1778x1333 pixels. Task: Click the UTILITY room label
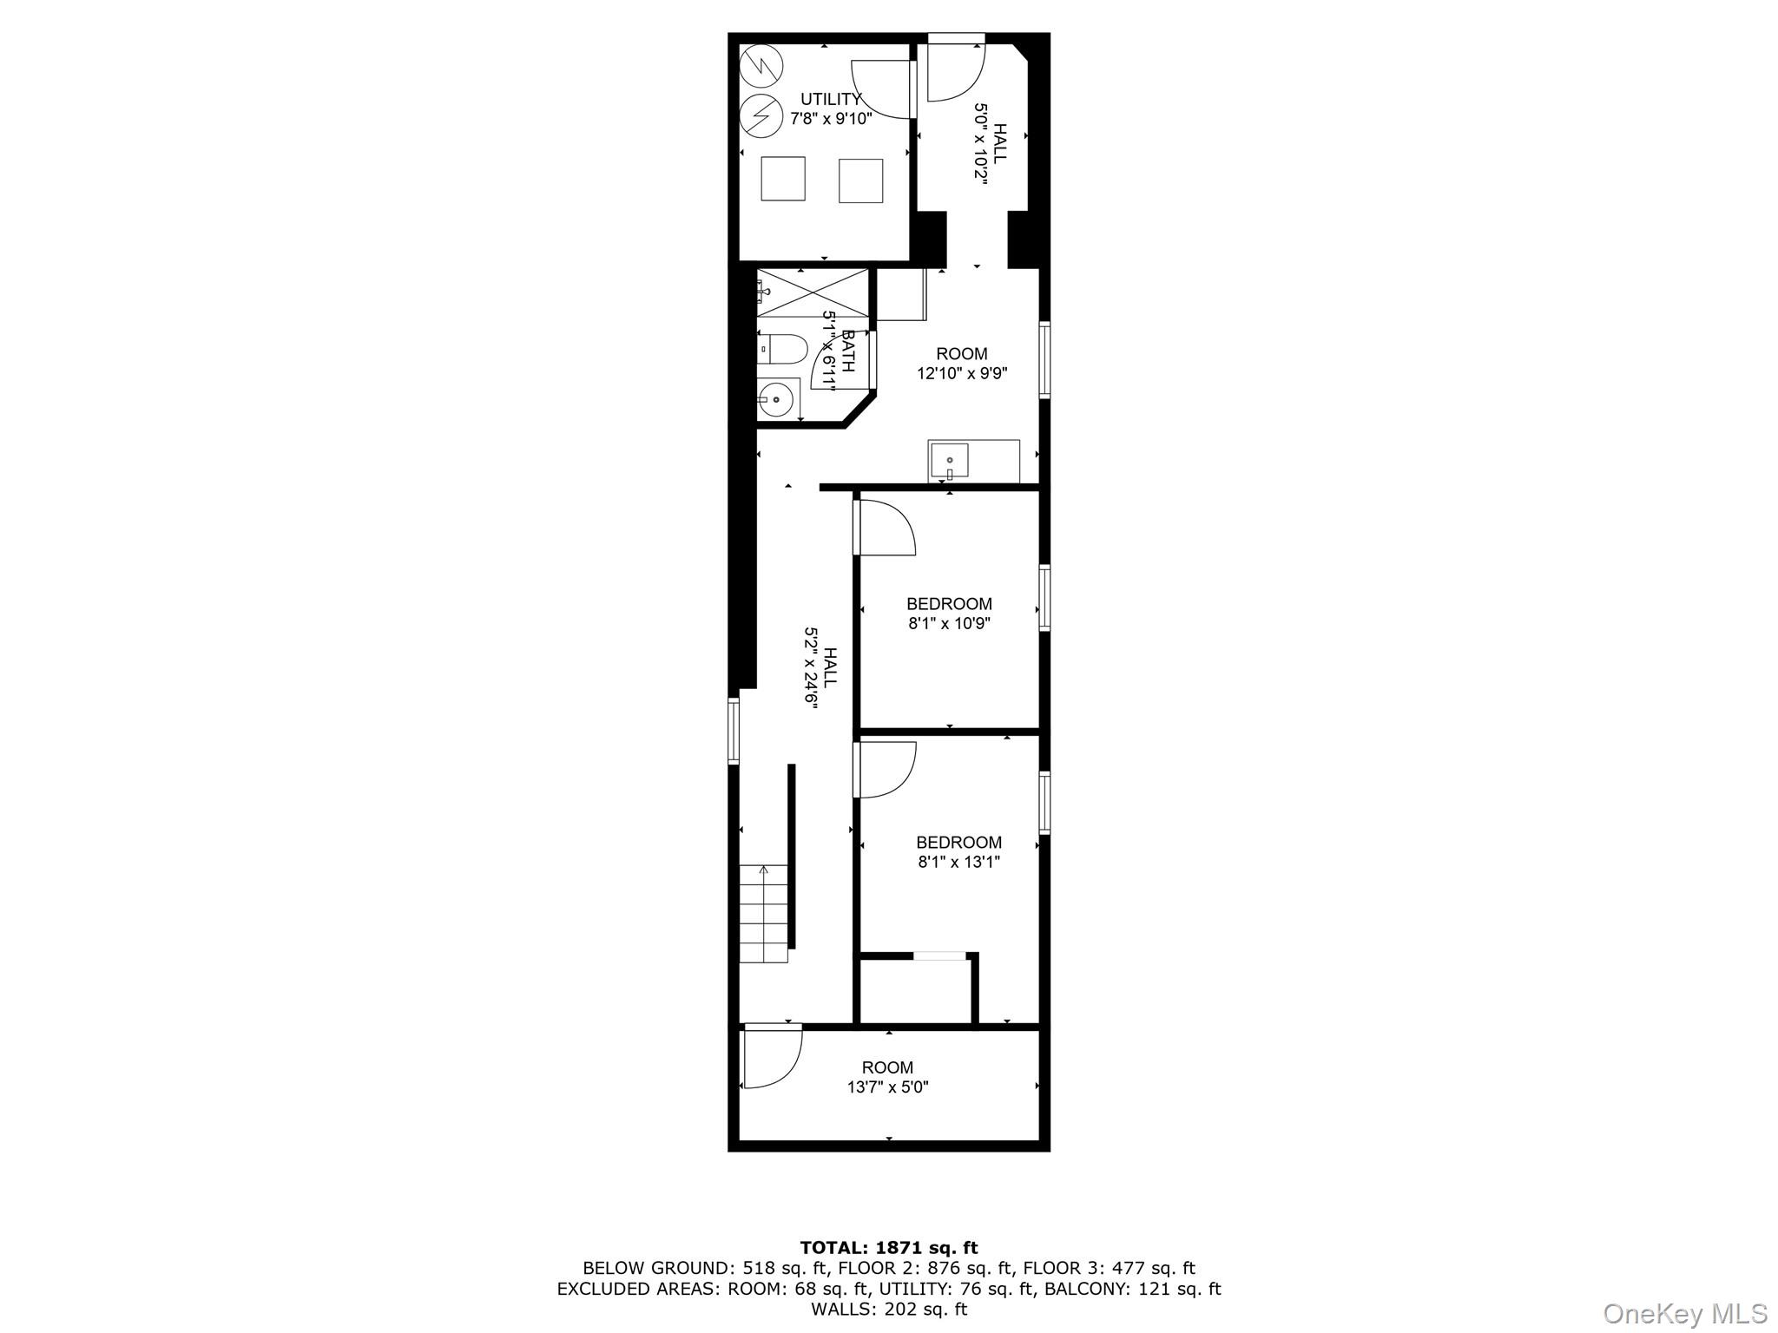[831, 100]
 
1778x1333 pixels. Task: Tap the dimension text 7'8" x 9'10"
[831, 119]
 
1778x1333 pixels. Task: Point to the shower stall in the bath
[813, 292]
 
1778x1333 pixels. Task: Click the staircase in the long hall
[764, 913]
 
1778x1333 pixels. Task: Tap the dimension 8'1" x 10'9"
[949, 623]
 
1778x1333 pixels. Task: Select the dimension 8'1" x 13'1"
[958, 862]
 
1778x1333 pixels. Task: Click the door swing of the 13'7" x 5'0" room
[772, 1056]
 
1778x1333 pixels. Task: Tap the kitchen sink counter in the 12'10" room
[973, 460]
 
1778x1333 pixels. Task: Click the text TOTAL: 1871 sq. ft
[888, 1248]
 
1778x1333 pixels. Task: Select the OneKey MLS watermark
[1684, 1313]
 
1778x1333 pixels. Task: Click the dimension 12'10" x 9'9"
[961, 373]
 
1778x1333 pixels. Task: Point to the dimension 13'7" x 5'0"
[887, 1087]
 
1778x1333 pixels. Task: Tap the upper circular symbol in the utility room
[761, 65]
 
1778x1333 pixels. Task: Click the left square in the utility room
[783, 179]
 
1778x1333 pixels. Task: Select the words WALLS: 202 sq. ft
[888, 1309]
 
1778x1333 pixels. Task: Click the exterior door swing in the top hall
[956, 70]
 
